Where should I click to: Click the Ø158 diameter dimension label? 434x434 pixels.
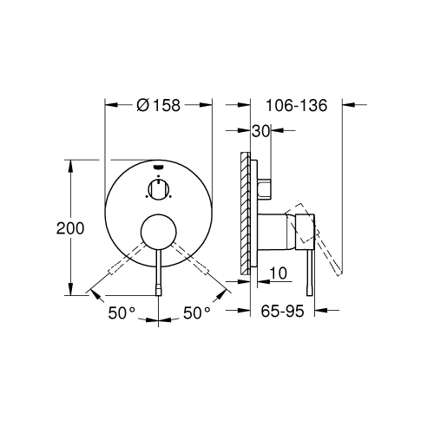(x=159, y=105)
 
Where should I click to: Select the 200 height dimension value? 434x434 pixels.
(x=70, y=228)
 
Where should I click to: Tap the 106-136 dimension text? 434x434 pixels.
(x=297, y=105)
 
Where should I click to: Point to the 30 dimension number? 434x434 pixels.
(x=260, y=131)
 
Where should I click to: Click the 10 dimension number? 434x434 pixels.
(x=279, y=273)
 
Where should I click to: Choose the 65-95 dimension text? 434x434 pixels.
(x=282, y=312)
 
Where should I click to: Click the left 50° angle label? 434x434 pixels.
(x=122, y=312)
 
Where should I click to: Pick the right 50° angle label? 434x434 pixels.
(x=197, y=312)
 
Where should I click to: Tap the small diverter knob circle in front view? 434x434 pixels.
(x=158, y=189)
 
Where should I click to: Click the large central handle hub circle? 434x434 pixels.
(x=158, y=232)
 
